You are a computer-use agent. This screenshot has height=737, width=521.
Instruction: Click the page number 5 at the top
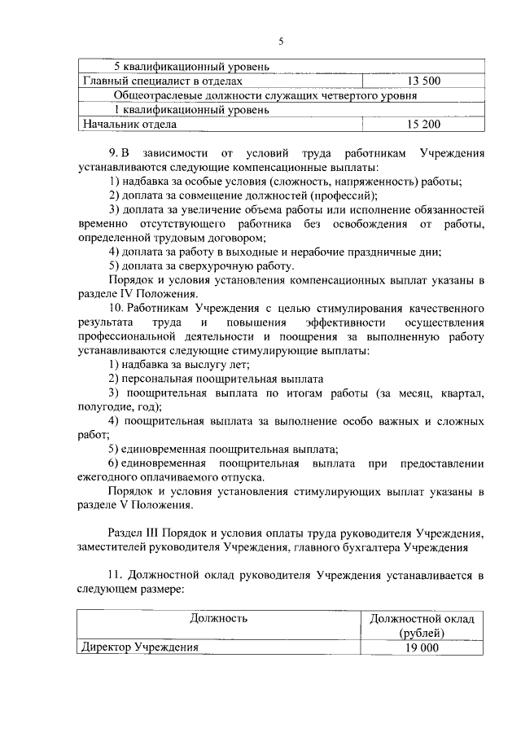click(x=280, y=42)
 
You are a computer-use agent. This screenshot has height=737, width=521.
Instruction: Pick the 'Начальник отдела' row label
click(x=130, y=125)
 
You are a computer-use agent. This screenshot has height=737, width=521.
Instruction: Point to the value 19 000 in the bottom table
click(x=422, y=647)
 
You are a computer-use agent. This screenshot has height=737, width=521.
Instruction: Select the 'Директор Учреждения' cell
click(x=138, y=647)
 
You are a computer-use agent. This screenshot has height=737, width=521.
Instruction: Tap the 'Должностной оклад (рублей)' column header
click(x=422, y=625)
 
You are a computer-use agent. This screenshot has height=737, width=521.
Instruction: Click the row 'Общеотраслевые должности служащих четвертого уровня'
click(x=265, y=95)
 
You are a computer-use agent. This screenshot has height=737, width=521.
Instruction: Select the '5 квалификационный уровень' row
click(x=186, y=66)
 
